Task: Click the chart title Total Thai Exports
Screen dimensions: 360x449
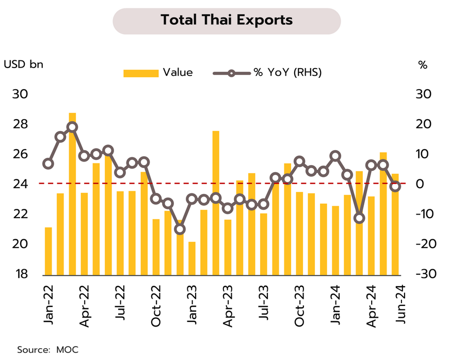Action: [226, 20]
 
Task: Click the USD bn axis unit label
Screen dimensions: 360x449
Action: [24, 64]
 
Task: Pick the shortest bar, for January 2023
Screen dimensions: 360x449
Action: [192, 258]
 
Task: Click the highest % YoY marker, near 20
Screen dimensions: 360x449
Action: [72, 127]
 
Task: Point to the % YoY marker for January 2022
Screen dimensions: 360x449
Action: [49, 164]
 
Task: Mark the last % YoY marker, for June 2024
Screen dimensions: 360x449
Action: [395, 186]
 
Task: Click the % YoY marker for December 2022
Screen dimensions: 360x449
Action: [180, 230]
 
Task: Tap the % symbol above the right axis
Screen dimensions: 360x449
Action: [423, 64]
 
